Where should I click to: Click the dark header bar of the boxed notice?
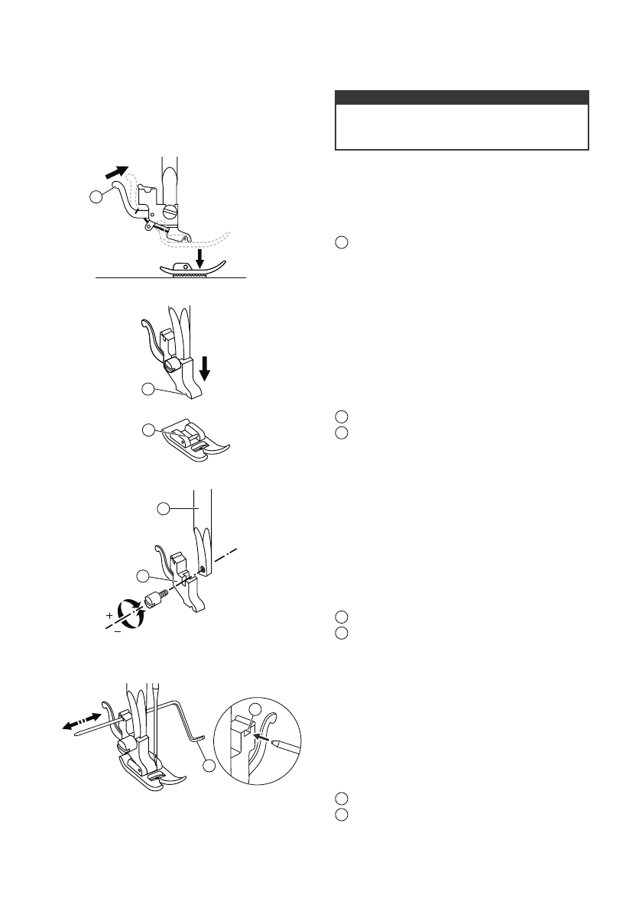tap(462, 97)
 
